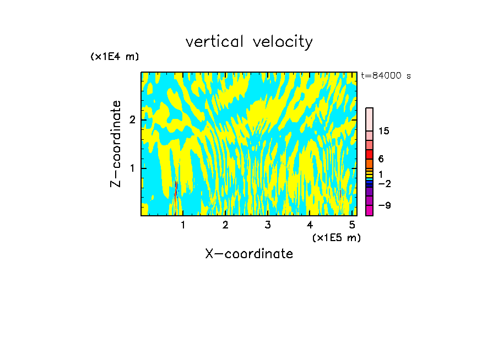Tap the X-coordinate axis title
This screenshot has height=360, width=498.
249,254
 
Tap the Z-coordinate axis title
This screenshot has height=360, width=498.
116,144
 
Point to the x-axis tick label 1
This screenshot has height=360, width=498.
183,225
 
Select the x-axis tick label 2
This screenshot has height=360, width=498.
225,225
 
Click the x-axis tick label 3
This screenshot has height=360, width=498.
268,225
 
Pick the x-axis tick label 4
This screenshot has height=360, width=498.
310,225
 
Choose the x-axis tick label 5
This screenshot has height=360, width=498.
352,225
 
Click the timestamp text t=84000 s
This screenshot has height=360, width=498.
386,76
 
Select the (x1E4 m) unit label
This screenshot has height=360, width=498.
115,57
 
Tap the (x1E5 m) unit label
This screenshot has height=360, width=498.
336,237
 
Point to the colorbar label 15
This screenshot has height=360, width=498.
384,131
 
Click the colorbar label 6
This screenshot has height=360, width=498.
381,159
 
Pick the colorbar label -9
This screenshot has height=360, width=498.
384,205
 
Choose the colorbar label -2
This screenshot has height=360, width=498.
384,183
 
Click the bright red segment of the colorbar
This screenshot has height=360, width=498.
369,154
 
